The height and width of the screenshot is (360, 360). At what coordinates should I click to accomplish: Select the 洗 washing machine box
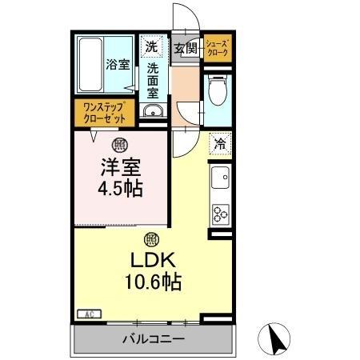(x=151, y=46)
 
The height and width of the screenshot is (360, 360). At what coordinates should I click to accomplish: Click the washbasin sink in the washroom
(x=153, y=111)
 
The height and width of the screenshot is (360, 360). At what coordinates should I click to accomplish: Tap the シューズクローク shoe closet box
(x=218, y=47)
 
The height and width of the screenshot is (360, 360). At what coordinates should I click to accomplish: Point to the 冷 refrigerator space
(x=219, y=145)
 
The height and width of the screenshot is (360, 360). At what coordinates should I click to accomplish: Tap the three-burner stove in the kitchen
(x=220, y=213)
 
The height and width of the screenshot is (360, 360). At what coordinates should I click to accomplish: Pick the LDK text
(x=150, y=262)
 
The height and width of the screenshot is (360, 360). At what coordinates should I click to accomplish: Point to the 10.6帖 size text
(x=150, y=282)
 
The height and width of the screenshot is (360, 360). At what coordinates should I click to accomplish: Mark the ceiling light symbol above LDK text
(x=150, y=238)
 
